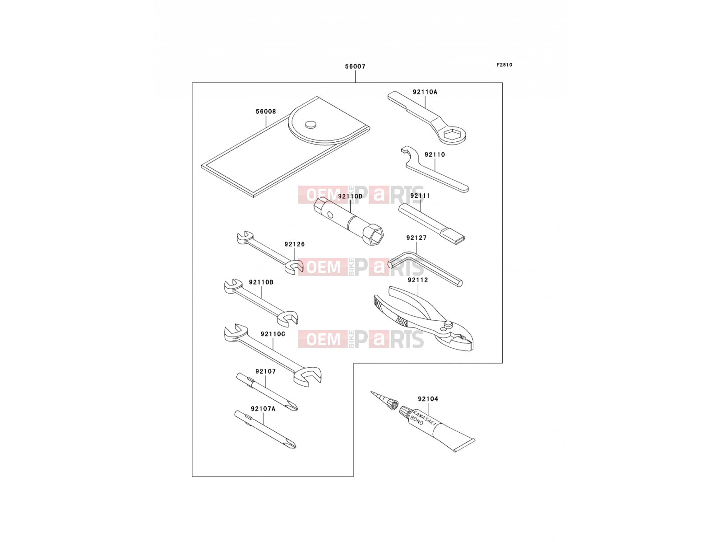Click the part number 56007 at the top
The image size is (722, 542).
tap(355, 66)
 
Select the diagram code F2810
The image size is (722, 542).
tap(504, 65)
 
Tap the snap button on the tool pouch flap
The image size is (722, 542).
tap(311, 124)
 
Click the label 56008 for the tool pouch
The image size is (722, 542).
tap(266, 112)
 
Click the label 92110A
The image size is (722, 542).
tap(425, 92)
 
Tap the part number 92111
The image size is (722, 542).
tap(420, 196)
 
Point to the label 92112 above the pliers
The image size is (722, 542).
tap(418, 280)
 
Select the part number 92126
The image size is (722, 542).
tap(294, 244)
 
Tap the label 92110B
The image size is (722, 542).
tap(261, 282)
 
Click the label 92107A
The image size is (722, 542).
tap(263, 409)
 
